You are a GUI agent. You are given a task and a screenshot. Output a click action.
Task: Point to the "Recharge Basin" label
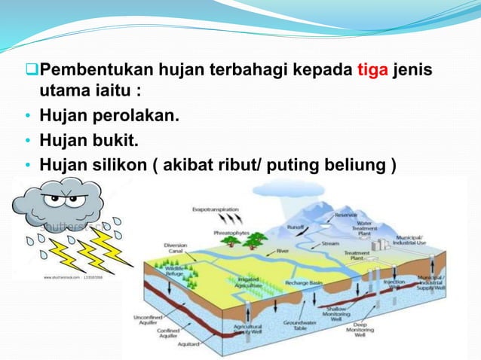click(305, 282)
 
